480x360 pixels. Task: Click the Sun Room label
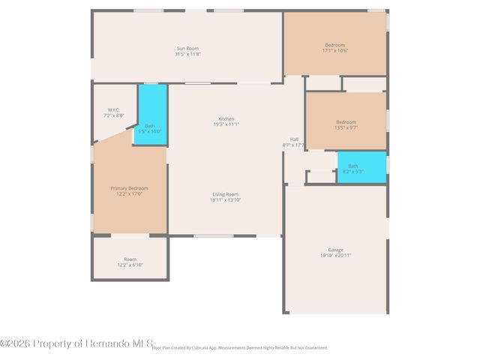tap(187, 49)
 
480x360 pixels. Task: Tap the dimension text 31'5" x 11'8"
tap(187, 55)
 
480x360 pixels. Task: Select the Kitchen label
tap(226, 118)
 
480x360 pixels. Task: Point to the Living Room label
tap(225, 194)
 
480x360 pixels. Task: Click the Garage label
tap(335, 250)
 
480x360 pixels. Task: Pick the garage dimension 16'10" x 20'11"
tap(335, 256)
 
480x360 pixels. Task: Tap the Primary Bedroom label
tap(129, 188)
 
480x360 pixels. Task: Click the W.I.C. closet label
tap(114, 110)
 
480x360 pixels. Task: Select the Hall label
tap(294, 139)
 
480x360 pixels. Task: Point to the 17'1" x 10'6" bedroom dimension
tap(335, 51)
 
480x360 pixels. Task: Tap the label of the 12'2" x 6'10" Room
tap(130, 259)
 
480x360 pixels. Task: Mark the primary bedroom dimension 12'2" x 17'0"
tap(129, 194)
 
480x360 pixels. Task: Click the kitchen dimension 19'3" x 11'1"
tap(226, 124)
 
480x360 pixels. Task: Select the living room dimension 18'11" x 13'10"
tap(225, 200)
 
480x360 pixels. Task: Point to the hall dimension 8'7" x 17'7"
tap(293, 145)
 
